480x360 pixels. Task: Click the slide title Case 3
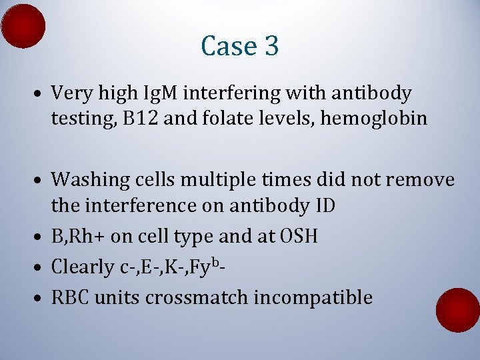point(239,46)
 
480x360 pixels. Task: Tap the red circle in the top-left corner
point(23,26)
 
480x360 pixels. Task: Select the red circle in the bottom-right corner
point(457,310)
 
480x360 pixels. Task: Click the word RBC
point(71,297)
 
